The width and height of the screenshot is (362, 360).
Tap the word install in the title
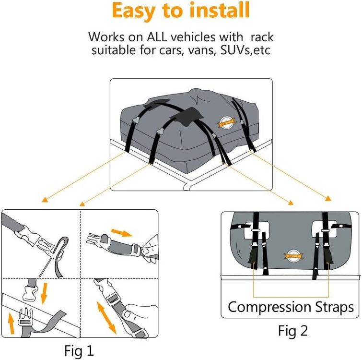click(214, 11)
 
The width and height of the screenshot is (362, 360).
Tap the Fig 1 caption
click(80, 349)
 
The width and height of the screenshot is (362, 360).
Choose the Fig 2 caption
click(293, 330)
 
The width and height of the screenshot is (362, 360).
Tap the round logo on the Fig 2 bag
click(291, 255)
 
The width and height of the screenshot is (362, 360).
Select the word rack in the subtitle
click(261, 37)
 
